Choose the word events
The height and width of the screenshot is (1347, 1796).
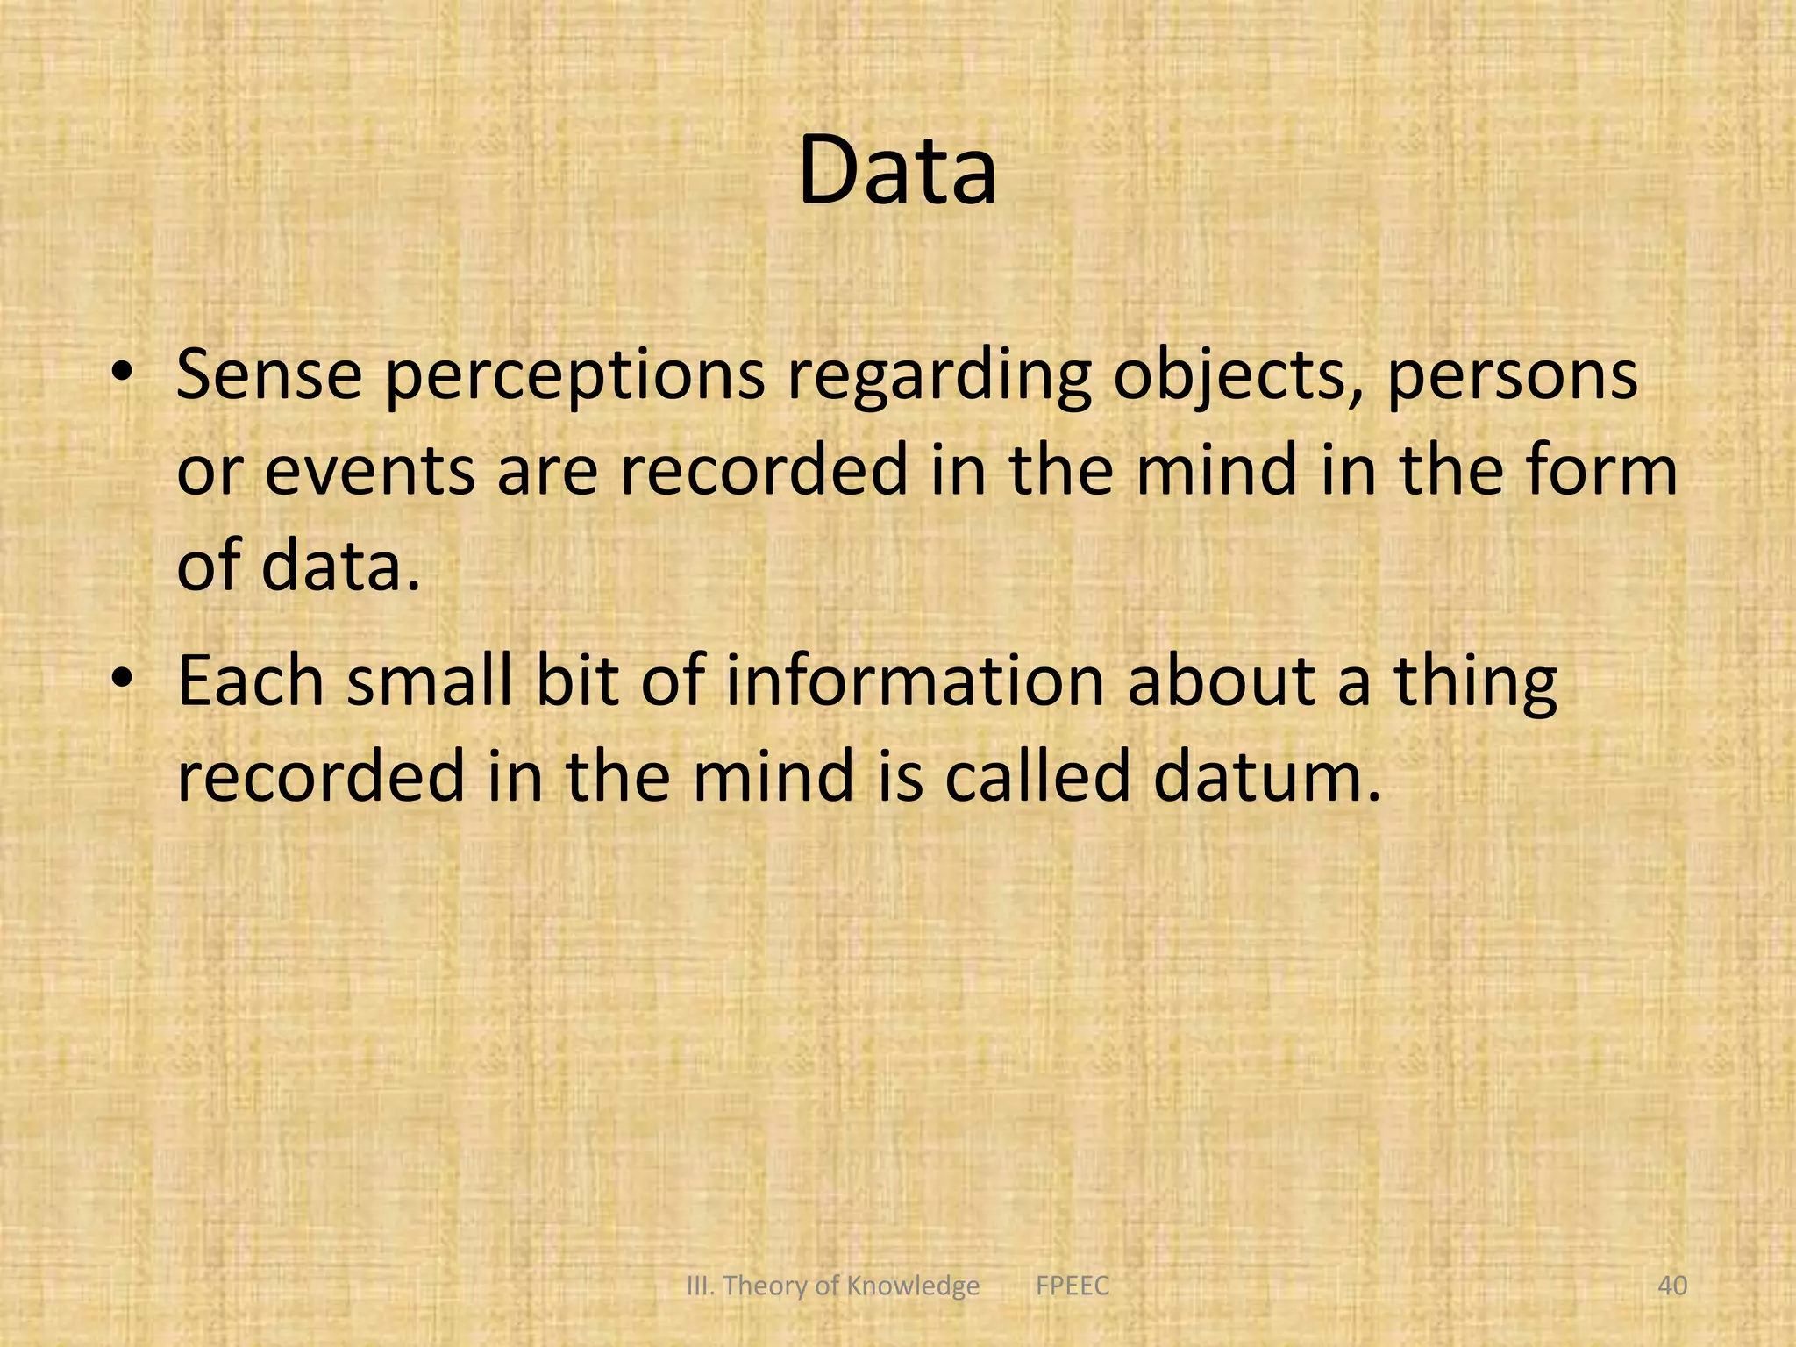[x=370, y=471]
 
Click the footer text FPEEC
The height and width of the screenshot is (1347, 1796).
[x=1073, y=1286]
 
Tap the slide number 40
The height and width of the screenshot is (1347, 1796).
[x=1672, y=1286]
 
